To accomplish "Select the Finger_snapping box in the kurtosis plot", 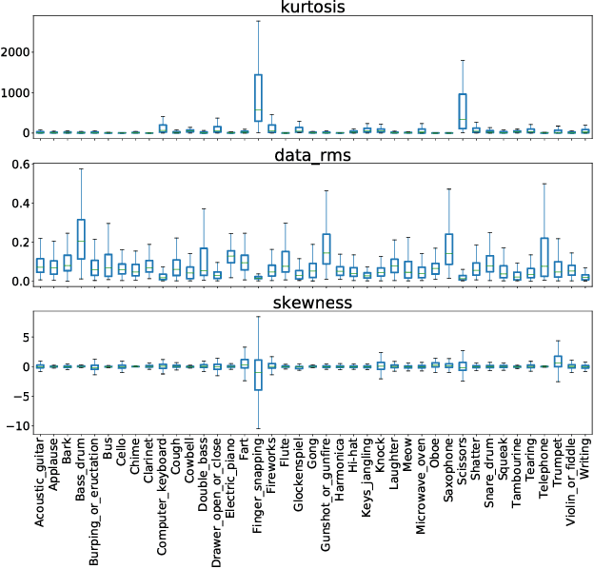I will pyautogui.click(x=258, y=98).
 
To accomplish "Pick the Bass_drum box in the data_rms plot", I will pyautogui.click(x=81, y=239).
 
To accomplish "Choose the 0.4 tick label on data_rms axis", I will pyautogui.click(x=17, y=204).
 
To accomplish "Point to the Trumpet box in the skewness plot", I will pyautogui.click(x=558, y=361).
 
